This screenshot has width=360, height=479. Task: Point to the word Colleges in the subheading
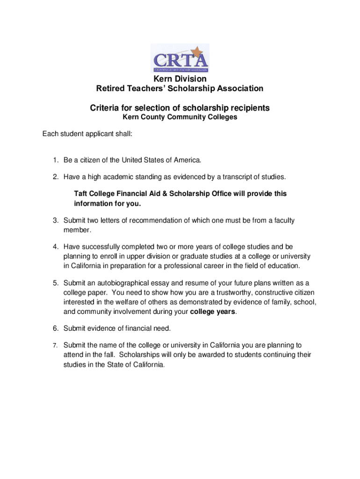pos(223,117)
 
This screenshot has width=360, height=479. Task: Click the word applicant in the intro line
pos(101,135)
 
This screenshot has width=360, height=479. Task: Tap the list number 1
pos(55,160)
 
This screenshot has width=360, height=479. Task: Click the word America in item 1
pos(187,160)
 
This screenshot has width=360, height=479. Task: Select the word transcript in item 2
pos(235,177)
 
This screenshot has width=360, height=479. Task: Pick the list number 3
pos(55,220)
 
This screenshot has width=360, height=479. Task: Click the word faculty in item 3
pos(282,220)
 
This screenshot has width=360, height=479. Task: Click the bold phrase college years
pos(213,312)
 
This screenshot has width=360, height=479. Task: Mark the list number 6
pos(55,328)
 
